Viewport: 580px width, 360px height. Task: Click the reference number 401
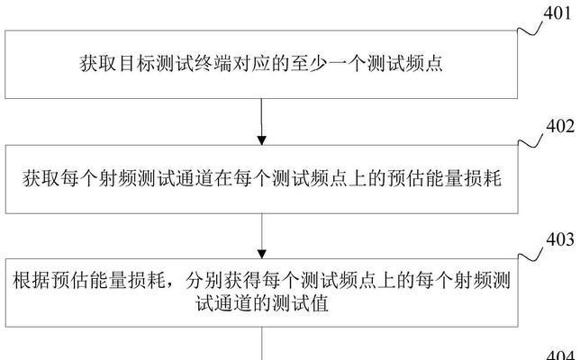557,13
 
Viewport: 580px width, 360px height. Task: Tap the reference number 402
560,126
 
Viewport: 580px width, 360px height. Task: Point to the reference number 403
560,239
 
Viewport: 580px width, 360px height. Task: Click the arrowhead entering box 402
262,140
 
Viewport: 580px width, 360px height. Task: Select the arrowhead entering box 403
262,255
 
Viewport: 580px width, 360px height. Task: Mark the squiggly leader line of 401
530,29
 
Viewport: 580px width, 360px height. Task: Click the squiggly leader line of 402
530,141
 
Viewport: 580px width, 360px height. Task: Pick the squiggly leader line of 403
530,255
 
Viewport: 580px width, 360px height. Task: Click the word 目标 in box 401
137,64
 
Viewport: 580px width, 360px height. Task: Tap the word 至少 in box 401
309,64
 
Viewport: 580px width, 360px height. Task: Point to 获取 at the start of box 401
98,64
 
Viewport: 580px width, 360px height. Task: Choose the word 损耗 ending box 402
483,178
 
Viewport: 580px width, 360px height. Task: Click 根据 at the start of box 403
31,281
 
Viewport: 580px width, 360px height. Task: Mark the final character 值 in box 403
320,304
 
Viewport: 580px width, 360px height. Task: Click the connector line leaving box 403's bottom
262,344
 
